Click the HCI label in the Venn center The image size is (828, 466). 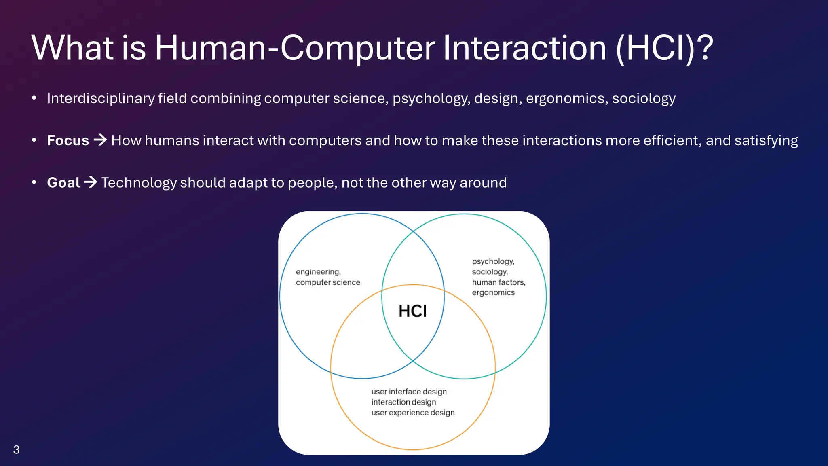(412, 311)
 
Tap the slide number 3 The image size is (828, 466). (17, 449)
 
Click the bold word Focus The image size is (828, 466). (68, 140)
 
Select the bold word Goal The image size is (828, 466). (63, 182)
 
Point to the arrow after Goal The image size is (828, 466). (91, 182)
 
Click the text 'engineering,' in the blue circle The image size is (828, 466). (318, 272)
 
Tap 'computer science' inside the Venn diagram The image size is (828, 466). (328, 282)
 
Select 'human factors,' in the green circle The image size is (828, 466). (498, 282)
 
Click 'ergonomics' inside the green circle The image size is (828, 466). (493, 292)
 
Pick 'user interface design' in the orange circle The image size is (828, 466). (409, 392)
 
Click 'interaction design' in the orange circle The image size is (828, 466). (403, 402)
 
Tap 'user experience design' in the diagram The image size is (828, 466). (413, 413)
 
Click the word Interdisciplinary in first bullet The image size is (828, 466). (101, 98)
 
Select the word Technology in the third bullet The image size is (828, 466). (139, 182)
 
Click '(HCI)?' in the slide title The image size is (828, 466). (664, 48)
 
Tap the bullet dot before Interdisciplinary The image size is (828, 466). (34, 98)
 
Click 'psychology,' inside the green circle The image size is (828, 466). (493, 261)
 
